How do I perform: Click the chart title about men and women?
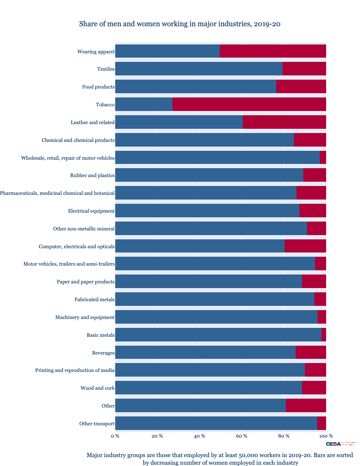tap(180, 24)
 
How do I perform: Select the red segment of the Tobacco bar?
tap(249, 104)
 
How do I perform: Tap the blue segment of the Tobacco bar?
tap(144, 104)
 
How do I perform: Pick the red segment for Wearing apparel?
tap(273, 51)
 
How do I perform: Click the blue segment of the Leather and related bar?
tap(179, 122)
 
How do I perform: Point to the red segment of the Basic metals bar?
tap(324, 335)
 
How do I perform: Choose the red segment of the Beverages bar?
tap(310, 352)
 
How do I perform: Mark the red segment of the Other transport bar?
tap(321, 423)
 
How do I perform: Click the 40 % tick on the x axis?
tap(199, 436)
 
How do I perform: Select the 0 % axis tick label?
tap(115, 436)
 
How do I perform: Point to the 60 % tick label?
tap(242, 436)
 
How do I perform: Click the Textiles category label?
tap(105, 69)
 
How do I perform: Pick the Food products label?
tap(98, 87)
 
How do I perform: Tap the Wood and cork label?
tap(97, 388)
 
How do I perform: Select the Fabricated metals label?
tap(94, 300)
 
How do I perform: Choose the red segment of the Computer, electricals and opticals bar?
tap(305, 246)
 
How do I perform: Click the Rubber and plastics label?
tap(92, 175)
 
